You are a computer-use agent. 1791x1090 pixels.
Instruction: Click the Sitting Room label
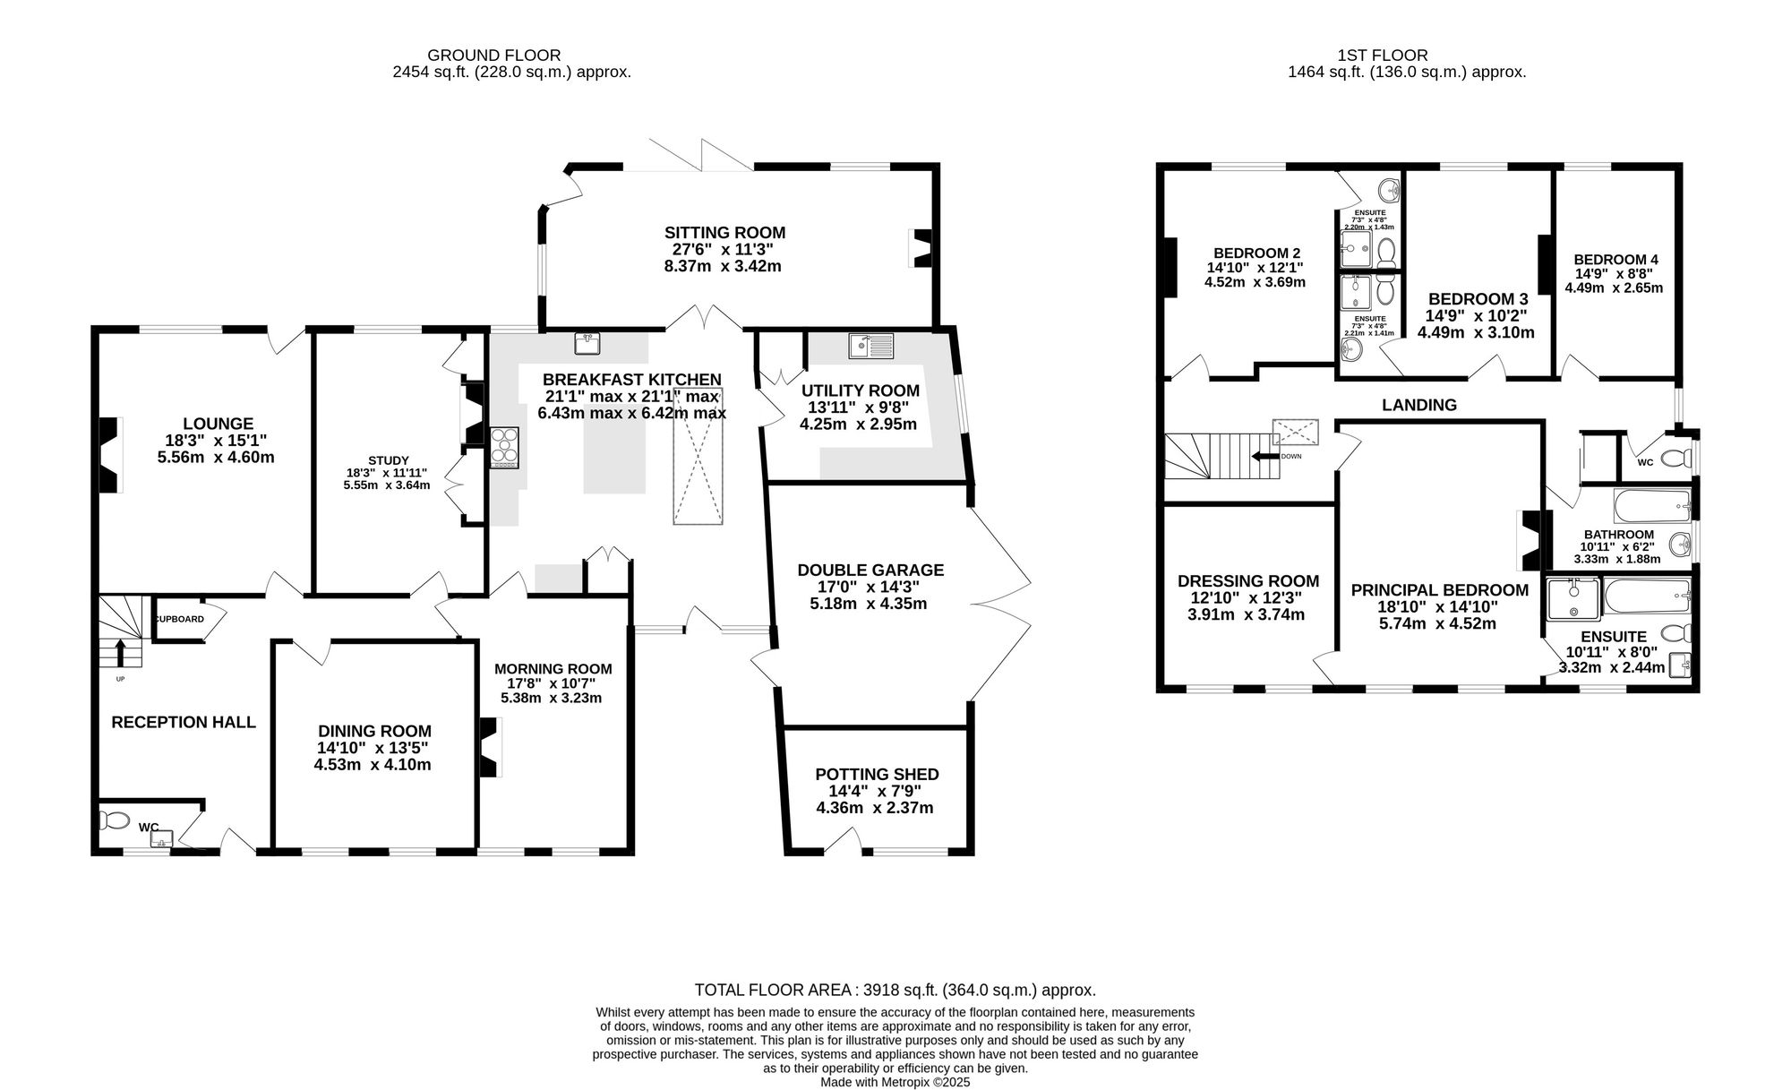(x=724, y=233)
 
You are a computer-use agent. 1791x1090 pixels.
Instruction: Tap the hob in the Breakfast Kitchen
(x=505, y=447)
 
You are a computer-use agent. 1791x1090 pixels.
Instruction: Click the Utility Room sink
(x=870, y=344)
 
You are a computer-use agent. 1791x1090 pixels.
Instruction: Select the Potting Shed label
(x=877, y=774)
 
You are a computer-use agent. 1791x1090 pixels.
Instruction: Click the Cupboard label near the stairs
(x=180, y=619)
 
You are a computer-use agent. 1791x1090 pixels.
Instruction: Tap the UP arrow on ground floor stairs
(x=120, y=653)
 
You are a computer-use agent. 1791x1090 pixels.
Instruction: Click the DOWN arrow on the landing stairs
(x=1265, y=456)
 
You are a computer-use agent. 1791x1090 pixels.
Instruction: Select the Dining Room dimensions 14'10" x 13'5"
(x=373, y=748)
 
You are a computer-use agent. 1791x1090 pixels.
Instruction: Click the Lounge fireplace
(x=110, y=455)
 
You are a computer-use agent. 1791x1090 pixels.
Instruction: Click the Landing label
(x=1418, y=405)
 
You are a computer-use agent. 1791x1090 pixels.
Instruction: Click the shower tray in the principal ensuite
(x=1573, y=599)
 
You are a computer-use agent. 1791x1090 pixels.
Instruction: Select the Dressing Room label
(x=1248, y=580)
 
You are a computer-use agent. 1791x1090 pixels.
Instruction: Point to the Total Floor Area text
(x=895, y=990)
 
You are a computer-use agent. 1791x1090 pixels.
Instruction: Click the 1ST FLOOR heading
(x=1406, y=56)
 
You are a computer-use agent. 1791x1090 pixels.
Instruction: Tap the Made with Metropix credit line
(x=895, y=1082)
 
